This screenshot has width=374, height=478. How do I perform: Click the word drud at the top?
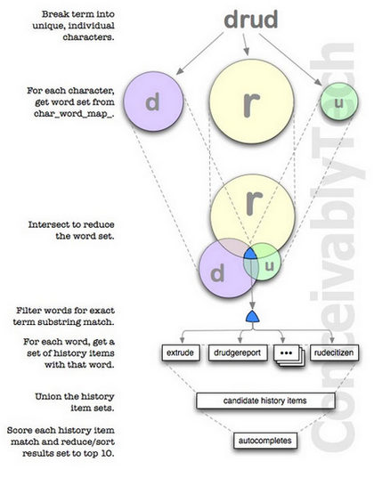pos(251,20)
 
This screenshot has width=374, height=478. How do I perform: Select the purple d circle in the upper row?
pos(153,101)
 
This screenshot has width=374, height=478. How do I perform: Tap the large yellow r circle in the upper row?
pos(251,101)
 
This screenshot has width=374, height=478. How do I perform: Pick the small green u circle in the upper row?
pos(339,101)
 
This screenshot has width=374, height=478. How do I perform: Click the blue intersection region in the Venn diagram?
pos(250,254)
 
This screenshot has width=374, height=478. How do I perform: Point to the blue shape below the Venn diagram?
pos(253,317)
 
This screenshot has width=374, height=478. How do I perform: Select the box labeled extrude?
pos(180,352)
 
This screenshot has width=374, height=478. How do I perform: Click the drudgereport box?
pos(238,352)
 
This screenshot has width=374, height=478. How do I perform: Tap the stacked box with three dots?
pos(289,354)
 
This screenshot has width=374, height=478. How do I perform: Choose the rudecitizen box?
pos(334,352)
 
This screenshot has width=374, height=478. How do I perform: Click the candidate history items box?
pos(265,401)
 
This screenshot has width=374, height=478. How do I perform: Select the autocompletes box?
pos(265,441)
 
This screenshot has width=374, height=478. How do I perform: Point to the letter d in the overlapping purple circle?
pos(217,273)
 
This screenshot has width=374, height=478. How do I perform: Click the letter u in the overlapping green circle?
pos(269,266)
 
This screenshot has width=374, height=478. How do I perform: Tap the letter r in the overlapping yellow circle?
pos(254,203)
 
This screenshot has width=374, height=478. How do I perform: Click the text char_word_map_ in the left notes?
pos(73,114)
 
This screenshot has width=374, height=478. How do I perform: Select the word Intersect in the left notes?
pos(49,224)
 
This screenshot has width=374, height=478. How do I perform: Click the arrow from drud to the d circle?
pos(199,53)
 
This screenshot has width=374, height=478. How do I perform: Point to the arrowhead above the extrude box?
pos(183,339)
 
